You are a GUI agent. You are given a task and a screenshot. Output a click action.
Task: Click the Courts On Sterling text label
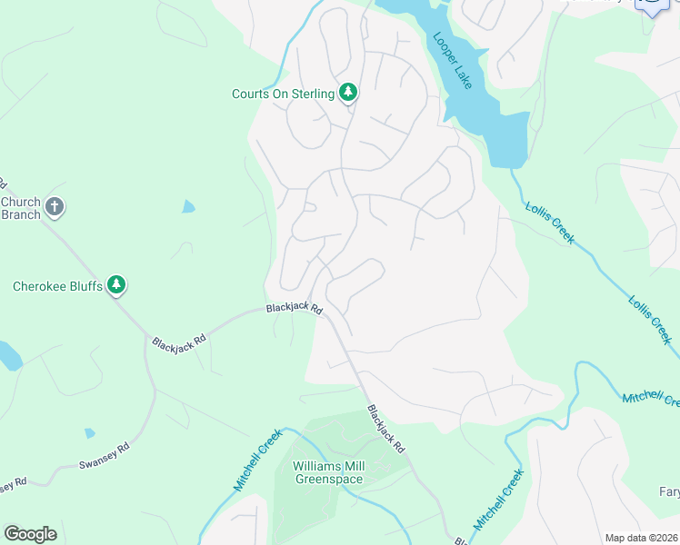tap(283, 94)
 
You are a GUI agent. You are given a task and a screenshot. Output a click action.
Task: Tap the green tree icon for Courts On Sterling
tap(347, 92)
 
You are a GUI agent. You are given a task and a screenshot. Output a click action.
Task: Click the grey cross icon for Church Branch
tap(55, 207)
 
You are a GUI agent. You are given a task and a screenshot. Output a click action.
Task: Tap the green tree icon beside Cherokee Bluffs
tap(115, 285)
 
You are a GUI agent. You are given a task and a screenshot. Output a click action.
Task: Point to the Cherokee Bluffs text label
tap(55, 286)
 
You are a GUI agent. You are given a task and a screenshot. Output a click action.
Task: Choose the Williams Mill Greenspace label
tap(328, 472)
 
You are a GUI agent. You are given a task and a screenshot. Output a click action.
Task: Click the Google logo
tap(30, 533)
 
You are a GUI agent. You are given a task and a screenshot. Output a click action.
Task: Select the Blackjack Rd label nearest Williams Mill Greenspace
tap(385, 430)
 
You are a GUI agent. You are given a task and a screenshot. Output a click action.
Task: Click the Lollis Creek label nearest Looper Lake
tap(550, 222)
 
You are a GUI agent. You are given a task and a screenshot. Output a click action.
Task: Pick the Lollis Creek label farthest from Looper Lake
tap(650, 320)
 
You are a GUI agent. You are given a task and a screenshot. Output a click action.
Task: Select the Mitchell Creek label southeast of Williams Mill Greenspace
tap(498, 500)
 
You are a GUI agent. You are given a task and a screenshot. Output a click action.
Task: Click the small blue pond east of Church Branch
tap(188, 206)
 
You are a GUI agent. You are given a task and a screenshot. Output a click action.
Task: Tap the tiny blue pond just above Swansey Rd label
tap(89, 433)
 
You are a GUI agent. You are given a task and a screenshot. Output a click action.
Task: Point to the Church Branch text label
tap(20, 208)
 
